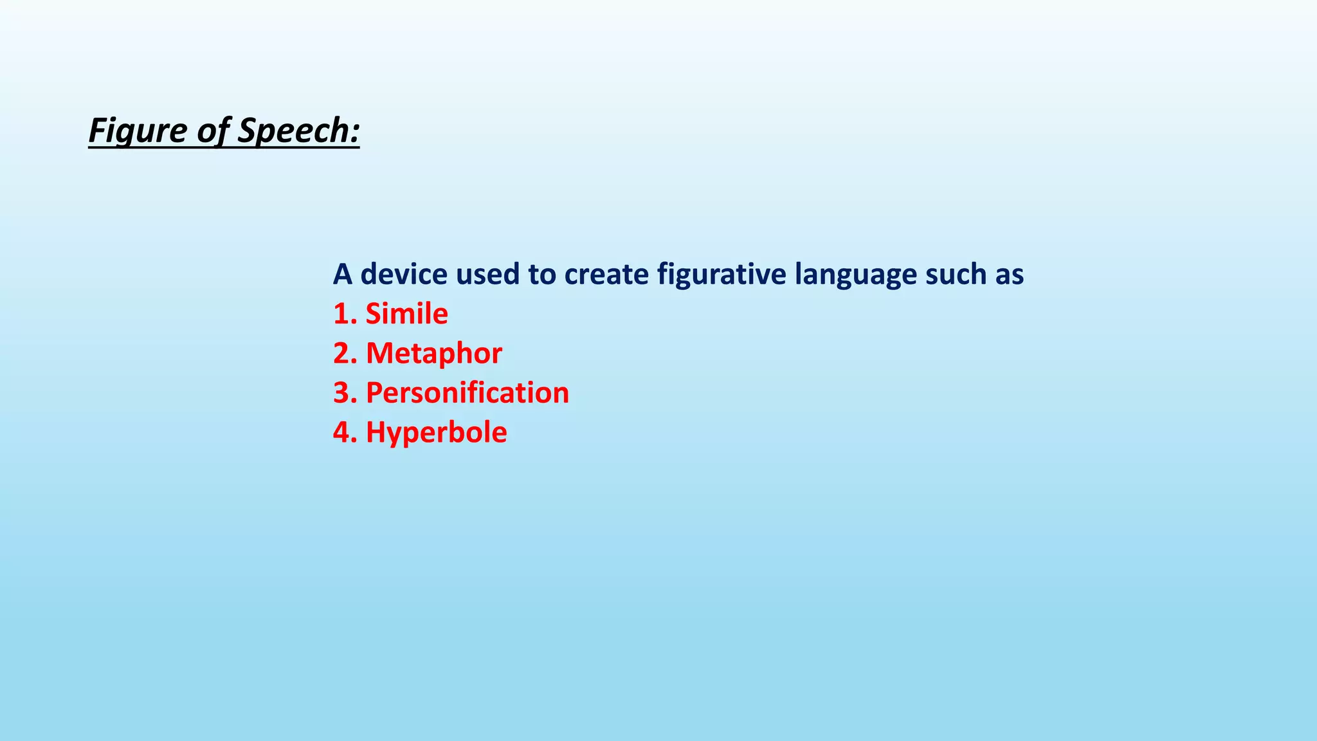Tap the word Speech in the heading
[293, 131]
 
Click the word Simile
[406, 314]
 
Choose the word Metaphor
[433, 353]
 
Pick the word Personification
[468, 393]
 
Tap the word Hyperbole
[436, 432]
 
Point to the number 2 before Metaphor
[341, 353]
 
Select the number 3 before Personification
[341, 393]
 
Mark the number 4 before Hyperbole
[341, 432]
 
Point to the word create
[606, 274]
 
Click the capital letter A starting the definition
[343, 274]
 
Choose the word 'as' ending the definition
[1010, 275]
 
